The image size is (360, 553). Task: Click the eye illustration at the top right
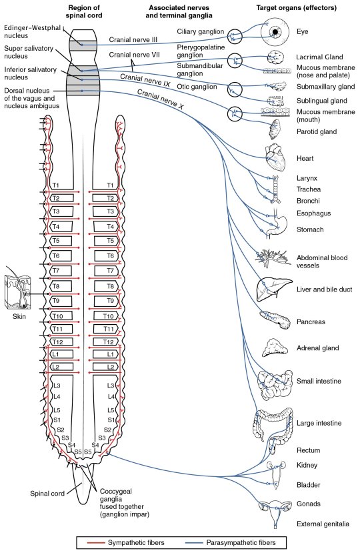pyautogui.click(x=273, y=31)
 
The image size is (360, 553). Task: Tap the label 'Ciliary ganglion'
pyautogui.click(x=201, y=31)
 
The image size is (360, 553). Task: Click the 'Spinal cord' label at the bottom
pyautogui.click(x=45, y=494)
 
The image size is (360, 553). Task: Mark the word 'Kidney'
pyautogui.click(x=307, y=465)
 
